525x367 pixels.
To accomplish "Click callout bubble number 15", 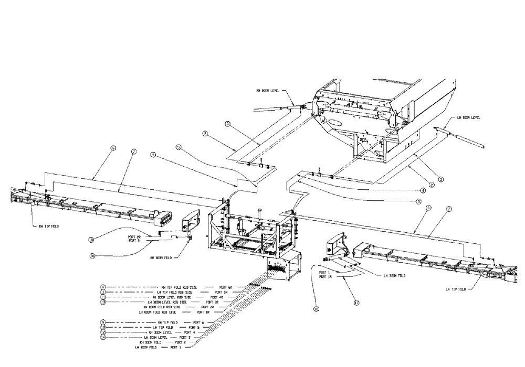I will click(91, 240).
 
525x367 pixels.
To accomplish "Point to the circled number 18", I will click(317, 309).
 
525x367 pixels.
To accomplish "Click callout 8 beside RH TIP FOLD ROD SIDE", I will click(103, 287).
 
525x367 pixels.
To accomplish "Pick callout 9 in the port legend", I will click(103, 321).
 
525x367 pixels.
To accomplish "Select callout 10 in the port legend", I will click(103, 327).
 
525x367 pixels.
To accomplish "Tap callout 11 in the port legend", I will click(103, 297).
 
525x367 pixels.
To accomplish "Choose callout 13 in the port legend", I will click(103, 302).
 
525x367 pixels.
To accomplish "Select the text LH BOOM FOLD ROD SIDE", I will click(160, 312).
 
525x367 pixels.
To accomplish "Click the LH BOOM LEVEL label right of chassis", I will click(468, 118).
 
